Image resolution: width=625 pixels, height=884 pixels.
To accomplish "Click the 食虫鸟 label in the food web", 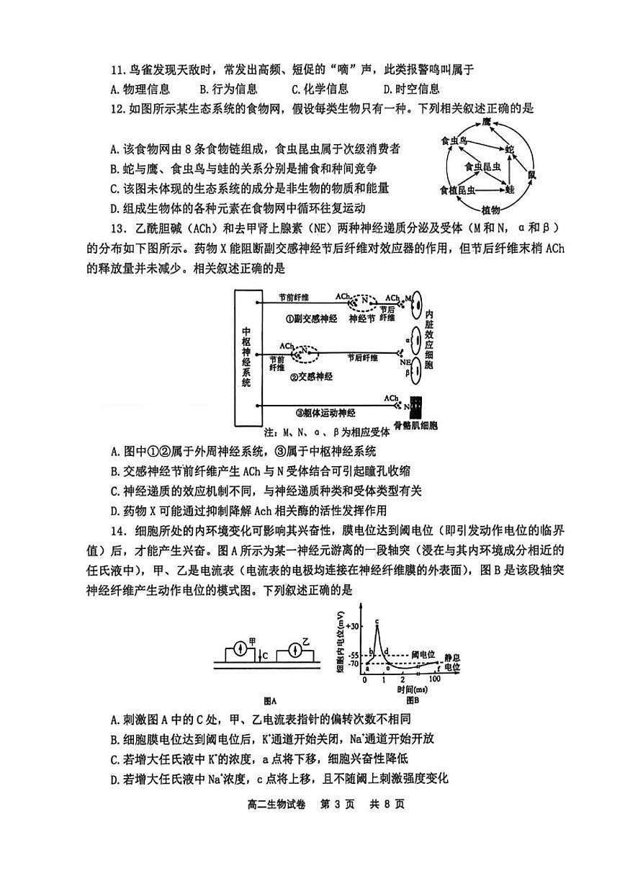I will pos(454,142).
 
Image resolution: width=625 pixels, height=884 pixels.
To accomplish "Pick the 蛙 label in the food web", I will pos(510,189).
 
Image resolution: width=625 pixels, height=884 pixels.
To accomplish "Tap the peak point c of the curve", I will pos(377,624).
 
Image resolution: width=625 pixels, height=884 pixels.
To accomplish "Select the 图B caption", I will pos(412,700).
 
